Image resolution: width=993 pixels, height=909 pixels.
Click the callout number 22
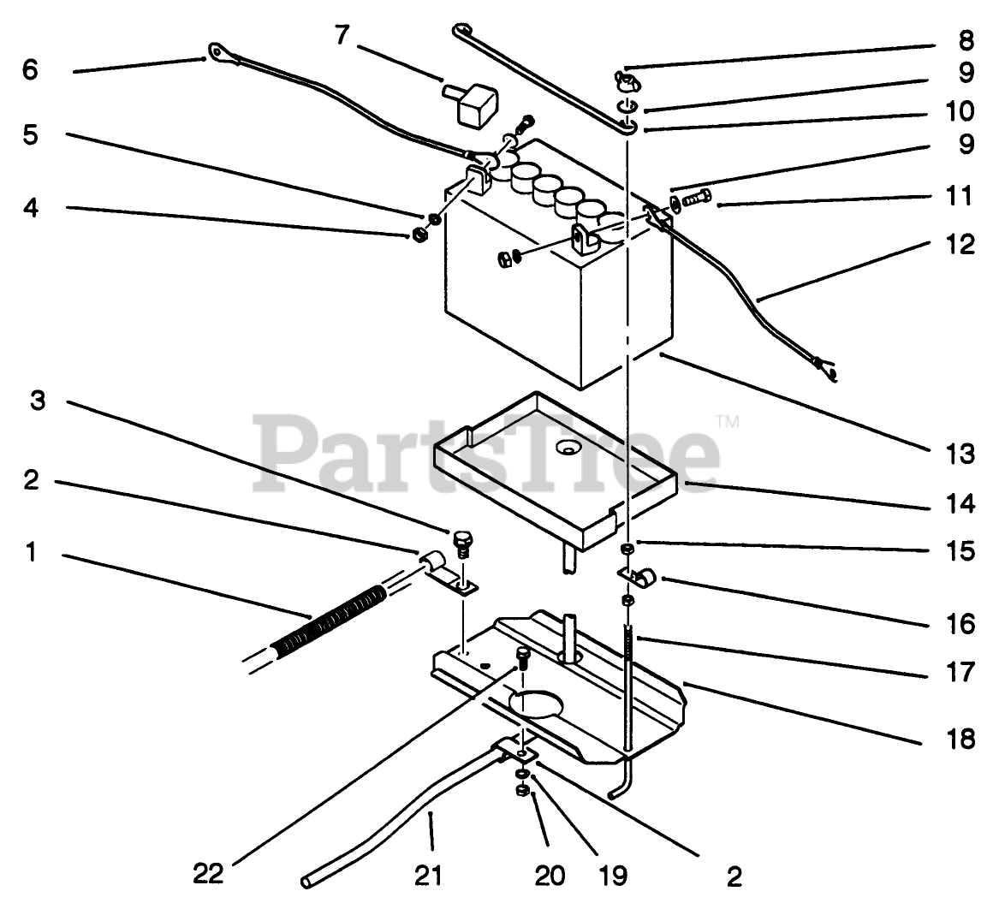click(208, 874)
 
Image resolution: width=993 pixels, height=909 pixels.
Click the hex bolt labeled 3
click(463, 542)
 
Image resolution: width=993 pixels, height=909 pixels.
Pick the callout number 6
click(31, 69)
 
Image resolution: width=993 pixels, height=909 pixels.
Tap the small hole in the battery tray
click(568, 446)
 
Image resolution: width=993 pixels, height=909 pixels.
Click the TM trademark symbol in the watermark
click(727, 420)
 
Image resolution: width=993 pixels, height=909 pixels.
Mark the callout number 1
click(31, 553)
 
